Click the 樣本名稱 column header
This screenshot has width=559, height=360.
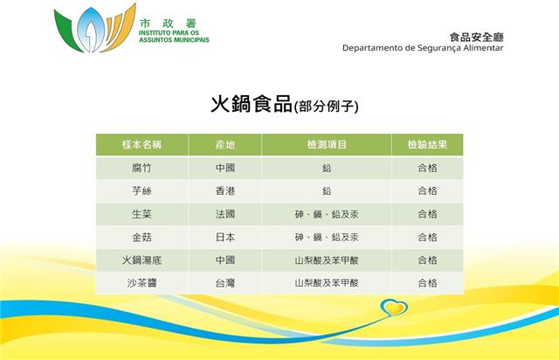141,144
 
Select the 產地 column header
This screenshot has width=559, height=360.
225,144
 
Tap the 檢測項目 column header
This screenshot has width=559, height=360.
327,144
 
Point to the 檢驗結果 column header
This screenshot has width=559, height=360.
427,144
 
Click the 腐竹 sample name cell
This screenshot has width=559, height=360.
141,168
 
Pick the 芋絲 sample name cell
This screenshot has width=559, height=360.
141,190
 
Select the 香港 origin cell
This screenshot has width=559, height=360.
225,190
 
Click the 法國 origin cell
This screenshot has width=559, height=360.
225,214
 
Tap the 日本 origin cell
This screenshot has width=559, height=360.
225,238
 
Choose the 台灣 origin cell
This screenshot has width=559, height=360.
225,283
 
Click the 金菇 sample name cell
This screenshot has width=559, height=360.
141,238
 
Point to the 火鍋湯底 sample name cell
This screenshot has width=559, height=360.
141,260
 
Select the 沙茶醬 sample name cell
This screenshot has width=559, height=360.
141,283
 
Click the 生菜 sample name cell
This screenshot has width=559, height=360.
141,214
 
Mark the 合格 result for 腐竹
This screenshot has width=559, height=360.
427,168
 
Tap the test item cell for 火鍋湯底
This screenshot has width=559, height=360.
327,260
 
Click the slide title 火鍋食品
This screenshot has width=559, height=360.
252,104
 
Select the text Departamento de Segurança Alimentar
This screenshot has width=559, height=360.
423,48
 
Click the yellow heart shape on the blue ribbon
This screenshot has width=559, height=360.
395,308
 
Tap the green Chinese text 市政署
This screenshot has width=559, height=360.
169,24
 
